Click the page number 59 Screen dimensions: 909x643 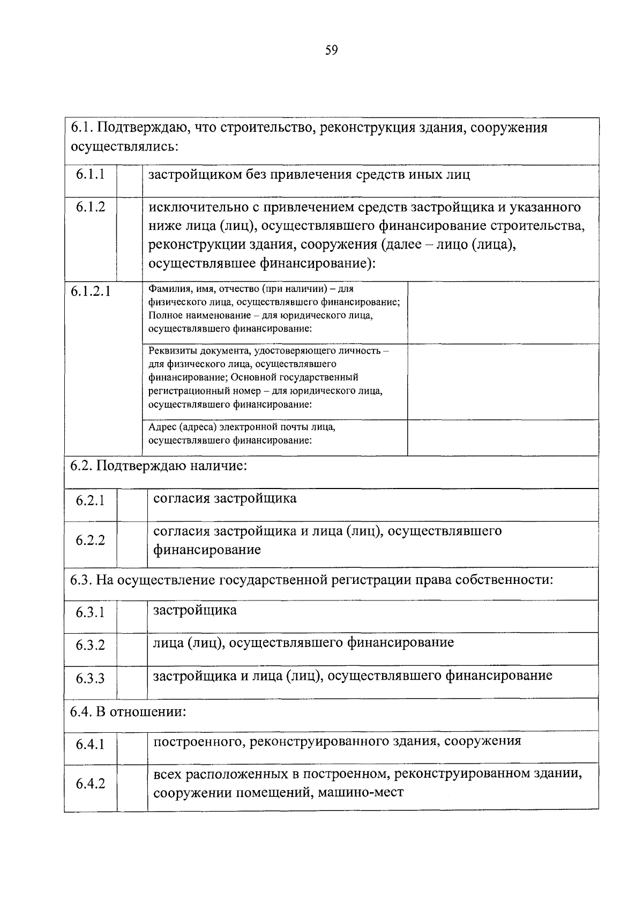(331, 50)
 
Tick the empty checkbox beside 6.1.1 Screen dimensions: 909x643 (130, 181)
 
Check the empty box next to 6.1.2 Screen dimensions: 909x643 (130, 239)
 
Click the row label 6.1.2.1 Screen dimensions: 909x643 (91, 292)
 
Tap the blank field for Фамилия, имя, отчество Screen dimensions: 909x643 (503, 312)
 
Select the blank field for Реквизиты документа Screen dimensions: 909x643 (503, 381)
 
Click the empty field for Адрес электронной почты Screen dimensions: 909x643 (503, 438)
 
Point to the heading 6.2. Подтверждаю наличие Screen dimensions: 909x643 (159, 466)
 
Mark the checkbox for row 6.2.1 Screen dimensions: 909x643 (132, 505)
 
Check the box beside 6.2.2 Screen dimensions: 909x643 (132, 544)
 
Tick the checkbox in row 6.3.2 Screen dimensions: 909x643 (132, 649)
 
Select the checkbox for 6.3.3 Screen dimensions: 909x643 (132, 682)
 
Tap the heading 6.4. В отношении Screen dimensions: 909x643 (129, 712)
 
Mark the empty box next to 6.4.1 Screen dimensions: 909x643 (132, 747)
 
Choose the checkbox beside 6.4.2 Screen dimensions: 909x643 (132, 786)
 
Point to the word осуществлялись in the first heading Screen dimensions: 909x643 (124, 146)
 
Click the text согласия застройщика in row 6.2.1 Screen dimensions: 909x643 (225, 499)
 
